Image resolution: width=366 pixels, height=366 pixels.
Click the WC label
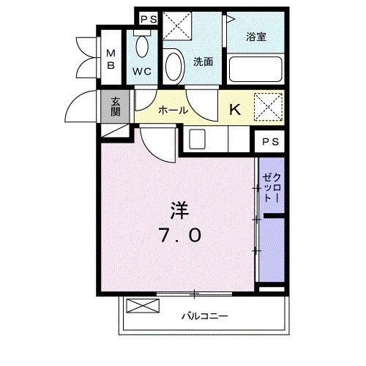click(x=141, y=72)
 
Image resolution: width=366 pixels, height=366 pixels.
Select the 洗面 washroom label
click(x=203, y=62)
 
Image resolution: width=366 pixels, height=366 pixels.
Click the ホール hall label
click(x=173, y=110)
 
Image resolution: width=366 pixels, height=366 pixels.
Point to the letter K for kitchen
click(x=236, y=110)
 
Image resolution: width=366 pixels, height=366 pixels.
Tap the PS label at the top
click(x=148, y=18)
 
